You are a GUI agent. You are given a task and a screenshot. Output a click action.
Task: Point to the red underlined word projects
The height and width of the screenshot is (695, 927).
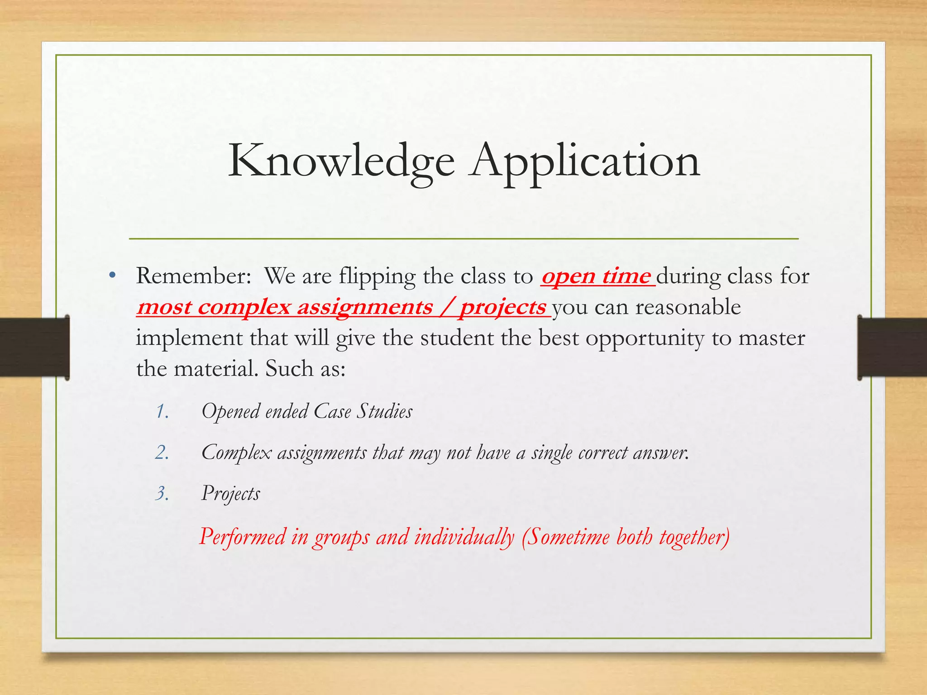503,308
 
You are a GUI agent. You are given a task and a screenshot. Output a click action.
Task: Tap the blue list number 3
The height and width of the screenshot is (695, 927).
162,494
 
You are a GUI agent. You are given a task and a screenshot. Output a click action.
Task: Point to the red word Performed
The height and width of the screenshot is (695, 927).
243,537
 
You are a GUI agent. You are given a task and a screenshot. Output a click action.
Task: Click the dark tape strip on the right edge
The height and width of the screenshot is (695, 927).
892,347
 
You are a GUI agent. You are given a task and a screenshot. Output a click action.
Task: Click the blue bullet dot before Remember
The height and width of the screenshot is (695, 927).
113,276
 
